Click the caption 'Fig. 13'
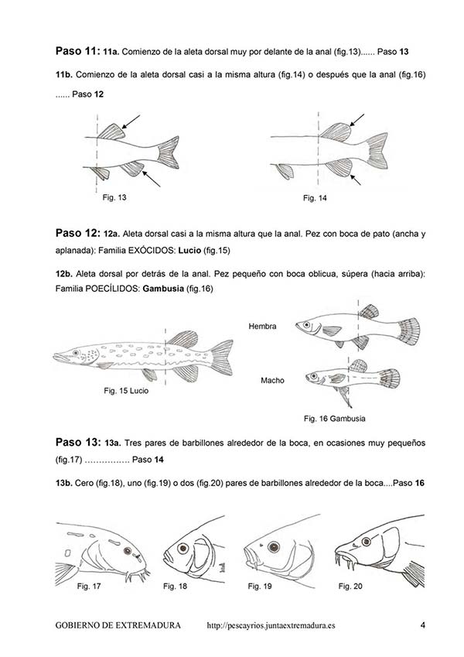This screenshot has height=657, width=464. click(x=114, y=198)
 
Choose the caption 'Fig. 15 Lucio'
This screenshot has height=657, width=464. click(x=126, y=391)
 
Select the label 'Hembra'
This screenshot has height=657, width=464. click(x=262, y=327)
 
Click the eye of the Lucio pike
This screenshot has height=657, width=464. click(x=75, y=353)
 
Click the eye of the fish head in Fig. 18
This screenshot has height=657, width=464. click(x=183, y=548)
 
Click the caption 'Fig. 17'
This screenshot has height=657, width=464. click(x=89, y=587)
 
